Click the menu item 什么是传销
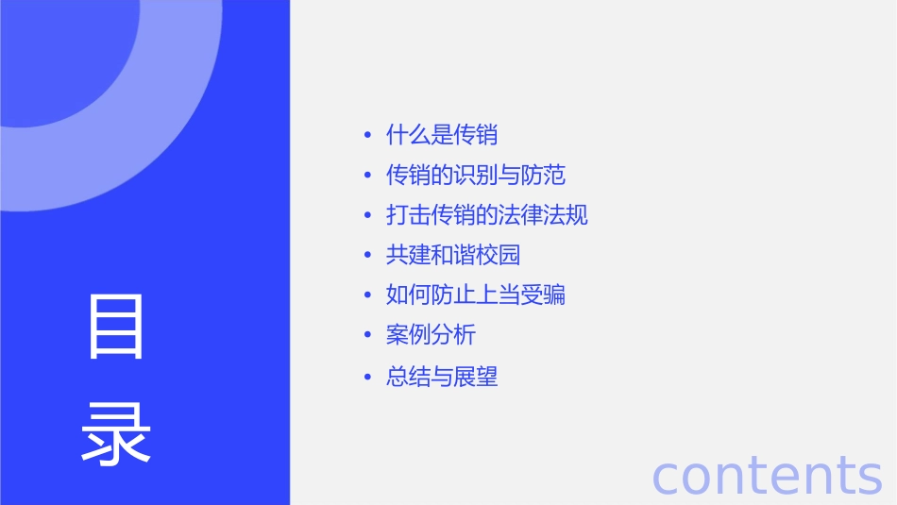[442, 135]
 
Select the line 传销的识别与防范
[476, 176]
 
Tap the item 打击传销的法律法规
[487, 215]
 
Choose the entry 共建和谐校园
[453, 256]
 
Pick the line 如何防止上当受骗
[476, 295]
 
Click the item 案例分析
[431, 335]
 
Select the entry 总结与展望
[442, 378]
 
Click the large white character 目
[117, 327]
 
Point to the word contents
[767, 474]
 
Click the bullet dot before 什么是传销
[367, 136]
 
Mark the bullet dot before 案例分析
[367, 336]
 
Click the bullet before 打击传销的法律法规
[367, 216]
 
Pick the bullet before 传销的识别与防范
[367, 177]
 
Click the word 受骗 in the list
[543, 295]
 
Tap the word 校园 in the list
[499, 256]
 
